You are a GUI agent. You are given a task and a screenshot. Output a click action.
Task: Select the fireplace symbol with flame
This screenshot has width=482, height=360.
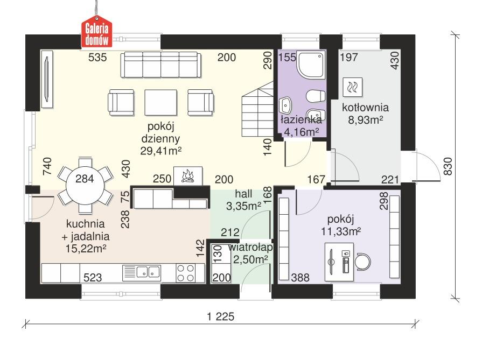click(x=187, y=175)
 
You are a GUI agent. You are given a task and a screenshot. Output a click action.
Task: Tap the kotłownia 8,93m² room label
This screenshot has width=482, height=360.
click(x=365, y=113)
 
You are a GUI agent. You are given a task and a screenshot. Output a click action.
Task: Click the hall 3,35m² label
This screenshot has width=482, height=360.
click(x=247, y=199)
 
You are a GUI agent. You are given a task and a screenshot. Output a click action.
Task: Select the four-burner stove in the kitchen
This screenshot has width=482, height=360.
click(x=186, y=272)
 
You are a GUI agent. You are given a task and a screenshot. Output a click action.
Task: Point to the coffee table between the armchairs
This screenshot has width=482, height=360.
click(x=161, y=101)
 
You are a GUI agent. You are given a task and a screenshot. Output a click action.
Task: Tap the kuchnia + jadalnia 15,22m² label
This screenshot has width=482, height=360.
click(x=86, y=235)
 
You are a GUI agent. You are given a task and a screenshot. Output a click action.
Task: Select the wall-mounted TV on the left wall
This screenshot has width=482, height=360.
click(x=47, y=79)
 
